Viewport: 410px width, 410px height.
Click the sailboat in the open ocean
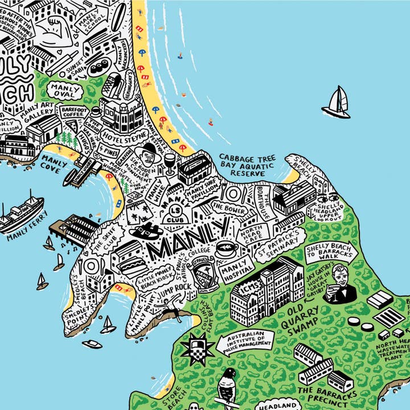pyautogui.click(x=337, y=103)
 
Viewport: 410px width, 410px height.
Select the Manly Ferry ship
pyautogui.click(x=22, y=212)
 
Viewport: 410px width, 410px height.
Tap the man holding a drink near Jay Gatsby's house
pyautogui.click(x=341, y=285)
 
